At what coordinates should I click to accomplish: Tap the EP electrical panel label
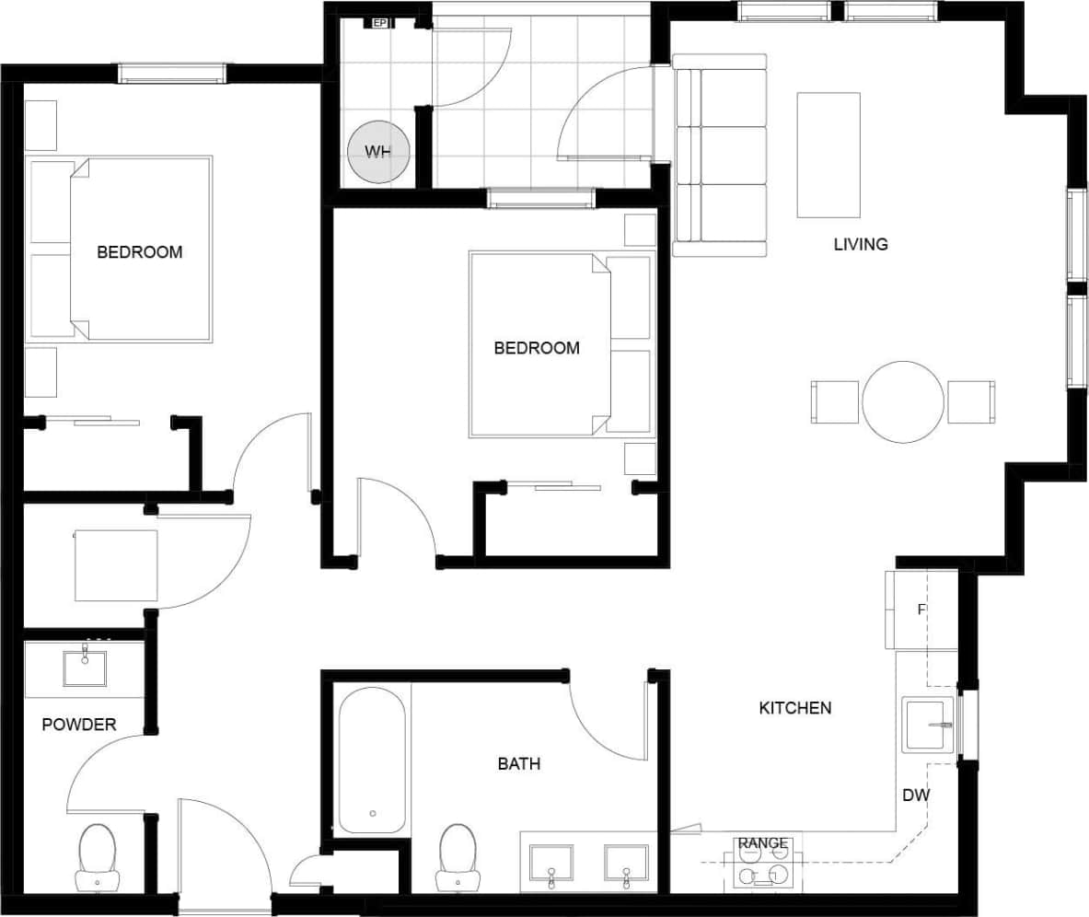(x=379, y=23)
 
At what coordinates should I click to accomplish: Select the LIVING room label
(x=861, y=245)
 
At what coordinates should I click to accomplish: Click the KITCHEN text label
(x=794, y=708)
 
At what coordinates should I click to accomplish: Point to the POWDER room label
(x=79, y=725)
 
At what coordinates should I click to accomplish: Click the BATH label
(x=518, y=763)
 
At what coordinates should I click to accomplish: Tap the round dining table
(x=902, y=402)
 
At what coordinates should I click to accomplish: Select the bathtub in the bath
(x=372, y=760)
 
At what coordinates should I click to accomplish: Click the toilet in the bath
(x=457, y=854)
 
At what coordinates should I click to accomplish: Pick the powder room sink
(x=85, y=668)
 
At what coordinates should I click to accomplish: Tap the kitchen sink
(x=928, y=725)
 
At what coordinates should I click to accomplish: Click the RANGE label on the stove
(x=762, y=843)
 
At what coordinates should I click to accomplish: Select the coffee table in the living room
(x=828, y=155)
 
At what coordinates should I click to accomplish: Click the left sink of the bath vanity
(x=551, y=864)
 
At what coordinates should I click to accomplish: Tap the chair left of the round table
(x=834, y=402)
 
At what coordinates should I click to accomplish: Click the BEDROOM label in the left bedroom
(x=139, y=252)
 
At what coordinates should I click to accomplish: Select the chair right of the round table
(x=971, y=402)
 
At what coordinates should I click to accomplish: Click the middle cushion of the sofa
(x=733, y=156)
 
